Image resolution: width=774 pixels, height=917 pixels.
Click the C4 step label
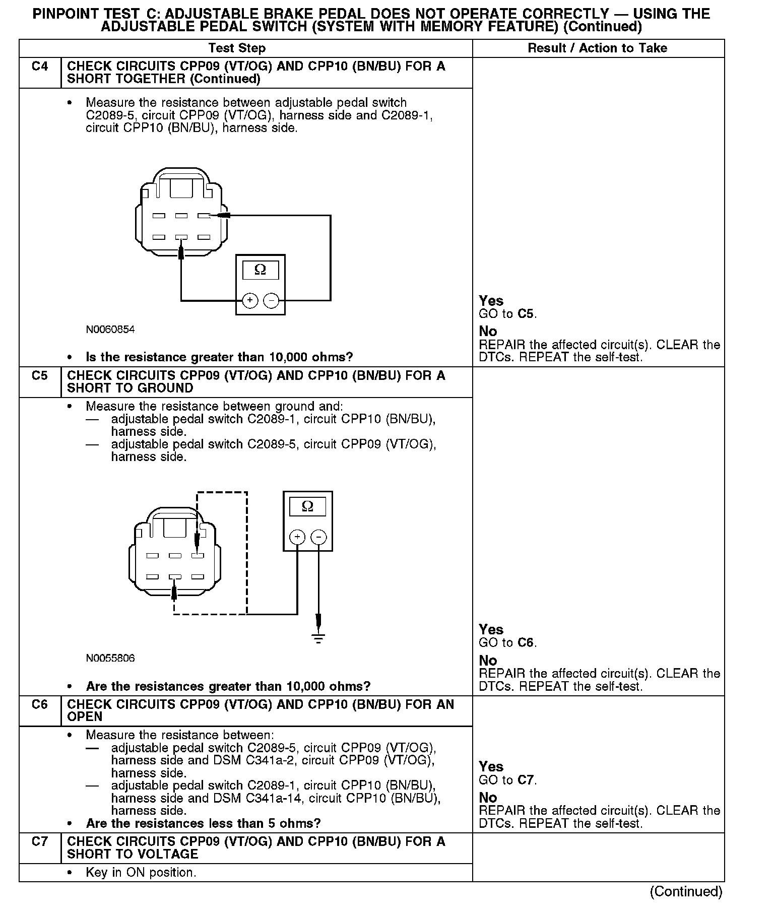(39, 67)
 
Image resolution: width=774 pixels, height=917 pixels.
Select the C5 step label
(39, 376)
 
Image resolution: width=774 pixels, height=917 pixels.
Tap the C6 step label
(39, 704)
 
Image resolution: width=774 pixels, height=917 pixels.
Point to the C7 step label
(39, 841)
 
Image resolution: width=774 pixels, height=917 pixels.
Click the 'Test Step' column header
(237, 48)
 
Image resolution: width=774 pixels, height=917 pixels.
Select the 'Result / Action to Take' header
(597, 48)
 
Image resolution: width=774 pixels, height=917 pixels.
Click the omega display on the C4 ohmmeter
(260, 270)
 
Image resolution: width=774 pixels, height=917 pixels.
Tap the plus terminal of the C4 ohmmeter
(250, 301)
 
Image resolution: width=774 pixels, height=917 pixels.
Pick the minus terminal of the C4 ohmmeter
(271, 301)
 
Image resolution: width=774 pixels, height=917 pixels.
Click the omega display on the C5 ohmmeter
(307, 506)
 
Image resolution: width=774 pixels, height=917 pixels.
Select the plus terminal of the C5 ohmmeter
(297, 537)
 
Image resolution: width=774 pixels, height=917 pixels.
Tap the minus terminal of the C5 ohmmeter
(318, 537)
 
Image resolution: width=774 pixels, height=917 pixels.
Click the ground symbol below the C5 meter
(318, 637)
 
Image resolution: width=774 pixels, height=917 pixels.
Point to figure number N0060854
(110, 330)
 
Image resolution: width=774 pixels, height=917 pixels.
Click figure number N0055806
(110, 658)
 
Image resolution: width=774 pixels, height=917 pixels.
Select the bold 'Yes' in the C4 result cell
(491, 301)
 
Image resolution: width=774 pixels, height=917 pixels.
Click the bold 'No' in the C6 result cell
(488, 798)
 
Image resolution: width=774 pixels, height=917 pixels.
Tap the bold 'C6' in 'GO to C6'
(526, 643)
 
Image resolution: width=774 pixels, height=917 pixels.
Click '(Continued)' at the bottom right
(686, 891)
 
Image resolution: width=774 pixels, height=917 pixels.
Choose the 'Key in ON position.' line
(141, 872)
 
